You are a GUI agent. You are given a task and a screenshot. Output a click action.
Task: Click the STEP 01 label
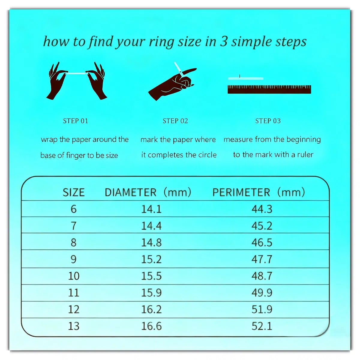pos(76,121)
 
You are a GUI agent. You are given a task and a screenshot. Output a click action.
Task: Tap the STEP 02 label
pos(175,121)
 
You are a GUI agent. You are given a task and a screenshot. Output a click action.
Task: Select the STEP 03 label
pos(268,121)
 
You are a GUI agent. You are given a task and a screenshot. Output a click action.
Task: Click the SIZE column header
pos(73,192)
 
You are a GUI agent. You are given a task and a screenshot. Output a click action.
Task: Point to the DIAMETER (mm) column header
pos(148,192)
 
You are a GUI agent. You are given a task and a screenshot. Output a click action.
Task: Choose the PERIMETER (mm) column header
pos(259,192)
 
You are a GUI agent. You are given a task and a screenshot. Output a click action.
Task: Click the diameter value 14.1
pos(151,209)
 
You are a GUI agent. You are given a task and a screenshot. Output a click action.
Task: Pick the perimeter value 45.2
pos(262,226)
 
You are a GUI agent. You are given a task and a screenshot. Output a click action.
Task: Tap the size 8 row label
pos(73,242)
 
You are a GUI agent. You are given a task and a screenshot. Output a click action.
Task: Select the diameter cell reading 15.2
pos(151,259)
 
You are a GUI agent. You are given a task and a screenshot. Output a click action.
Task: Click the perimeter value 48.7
pos(262,276)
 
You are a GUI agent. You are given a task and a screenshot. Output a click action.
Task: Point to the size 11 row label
pos(73,293)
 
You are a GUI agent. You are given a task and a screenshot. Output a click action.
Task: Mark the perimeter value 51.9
pos(262,309)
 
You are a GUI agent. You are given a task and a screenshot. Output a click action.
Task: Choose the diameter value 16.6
pos(151,326)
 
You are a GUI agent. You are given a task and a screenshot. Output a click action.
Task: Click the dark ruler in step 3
pos(269,89)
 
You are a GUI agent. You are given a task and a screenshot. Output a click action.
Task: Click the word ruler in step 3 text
pos(305,155)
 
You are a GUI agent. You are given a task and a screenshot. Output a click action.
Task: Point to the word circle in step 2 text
pos(207,155)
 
